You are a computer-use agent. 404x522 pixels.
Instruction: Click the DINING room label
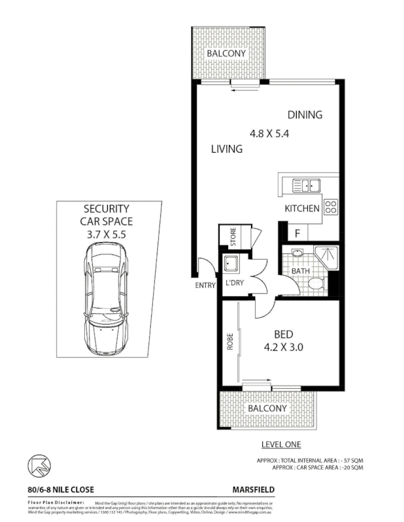(305, 115)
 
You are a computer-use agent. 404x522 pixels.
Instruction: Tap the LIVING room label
(227, 149)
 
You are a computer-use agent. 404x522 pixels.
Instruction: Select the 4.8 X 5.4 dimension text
(269, 133)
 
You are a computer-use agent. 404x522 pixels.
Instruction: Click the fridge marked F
(297, 232)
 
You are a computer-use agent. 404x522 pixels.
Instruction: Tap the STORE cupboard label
(231, 236)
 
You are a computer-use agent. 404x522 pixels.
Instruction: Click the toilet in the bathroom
(316, 283)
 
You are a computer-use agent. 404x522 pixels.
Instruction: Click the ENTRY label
(205, 285)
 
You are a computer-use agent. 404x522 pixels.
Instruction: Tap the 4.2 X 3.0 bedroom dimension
(283, 347)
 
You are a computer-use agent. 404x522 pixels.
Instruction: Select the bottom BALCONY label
(267, 408)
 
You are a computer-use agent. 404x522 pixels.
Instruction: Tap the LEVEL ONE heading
(279, 445)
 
